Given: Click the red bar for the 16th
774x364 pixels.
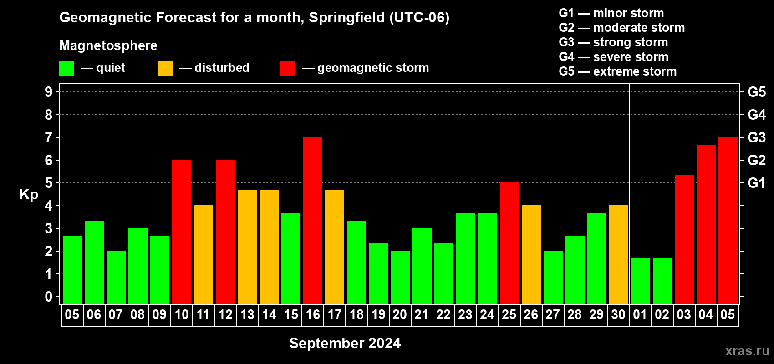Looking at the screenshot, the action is [313, 220].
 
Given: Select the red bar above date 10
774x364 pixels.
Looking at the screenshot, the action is [181, 232].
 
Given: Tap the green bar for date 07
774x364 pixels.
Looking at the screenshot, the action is [116, 277].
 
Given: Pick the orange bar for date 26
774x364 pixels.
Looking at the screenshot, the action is [531, 254].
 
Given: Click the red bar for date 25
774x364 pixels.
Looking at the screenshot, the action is [509, 243].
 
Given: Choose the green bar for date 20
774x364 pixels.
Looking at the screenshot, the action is [400, 277].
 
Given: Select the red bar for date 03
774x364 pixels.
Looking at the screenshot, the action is [684, 240].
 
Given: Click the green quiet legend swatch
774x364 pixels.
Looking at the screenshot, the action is [66, 68].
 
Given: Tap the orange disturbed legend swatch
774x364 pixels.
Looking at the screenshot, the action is [165, 68].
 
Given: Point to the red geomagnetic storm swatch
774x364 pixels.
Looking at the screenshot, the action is [288, 68].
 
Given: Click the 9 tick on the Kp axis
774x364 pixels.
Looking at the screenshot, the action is [48, 92].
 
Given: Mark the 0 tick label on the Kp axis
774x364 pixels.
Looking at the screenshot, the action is [48, 297].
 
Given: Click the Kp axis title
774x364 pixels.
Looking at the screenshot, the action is [29, 195].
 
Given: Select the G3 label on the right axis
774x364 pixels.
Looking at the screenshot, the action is [756, 137].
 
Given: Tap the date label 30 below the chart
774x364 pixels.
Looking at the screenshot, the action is [618, 314].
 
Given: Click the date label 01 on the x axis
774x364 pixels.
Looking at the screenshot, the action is [640, 314].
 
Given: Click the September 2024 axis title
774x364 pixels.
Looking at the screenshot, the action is [345, 343].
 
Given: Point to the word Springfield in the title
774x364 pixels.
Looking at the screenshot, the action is [346, 18].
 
